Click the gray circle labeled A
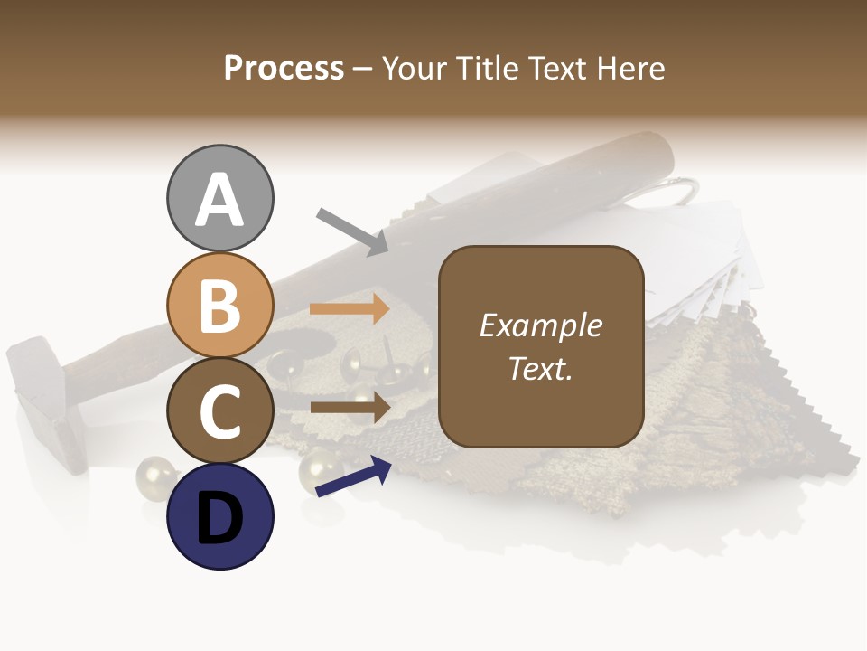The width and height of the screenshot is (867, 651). pos(219,198)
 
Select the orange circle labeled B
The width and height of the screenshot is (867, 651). pos(219,305)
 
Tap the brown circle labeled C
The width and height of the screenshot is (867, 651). pos(219,410)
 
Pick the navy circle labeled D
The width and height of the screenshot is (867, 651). pos(219,516)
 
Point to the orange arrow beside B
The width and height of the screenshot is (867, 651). pos(350,309)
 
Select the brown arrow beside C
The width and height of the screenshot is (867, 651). pos(350,407)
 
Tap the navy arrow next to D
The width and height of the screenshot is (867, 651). pos(353,477)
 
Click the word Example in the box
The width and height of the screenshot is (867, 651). pos(540,325)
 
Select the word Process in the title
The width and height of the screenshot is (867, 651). pos(284,68)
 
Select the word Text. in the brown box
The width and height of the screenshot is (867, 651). pos(540,369)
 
